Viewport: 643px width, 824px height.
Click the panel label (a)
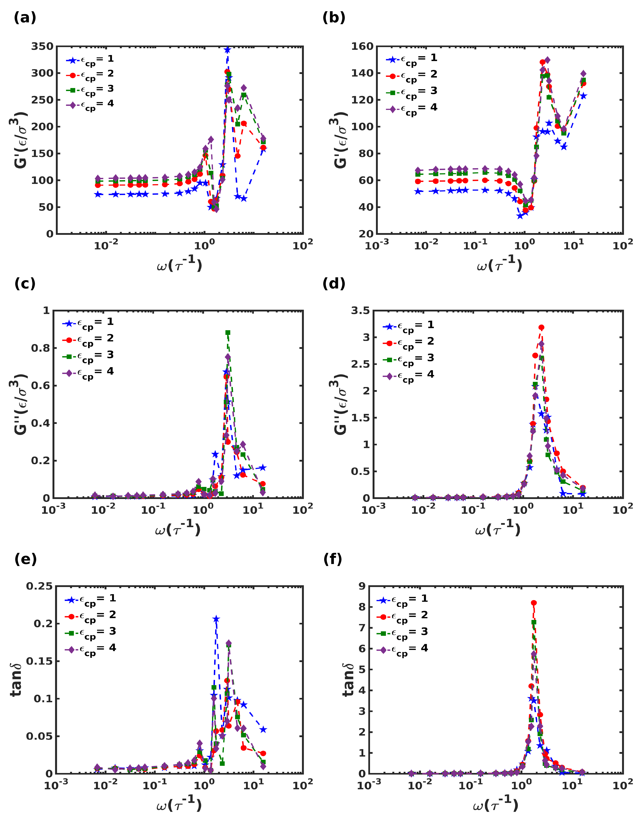[x=25, y=18]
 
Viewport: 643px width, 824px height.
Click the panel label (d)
[x=334, y=283]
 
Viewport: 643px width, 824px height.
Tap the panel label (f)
[x=333, y=559]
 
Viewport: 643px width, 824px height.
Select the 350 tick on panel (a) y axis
[x=42, y=46]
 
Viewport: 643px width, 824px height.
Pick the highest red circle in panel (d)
[x=541, y=327]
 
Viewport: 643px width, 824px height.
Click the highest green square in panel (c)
[x=228, y=333]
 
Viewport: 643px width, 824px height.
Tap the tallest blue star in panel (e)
[x=216, y=619]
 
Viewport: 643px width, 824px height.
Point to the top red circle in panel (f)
[x=534, y=603]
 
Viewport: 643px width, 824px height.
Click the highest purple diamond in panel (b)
[x=547, y=60]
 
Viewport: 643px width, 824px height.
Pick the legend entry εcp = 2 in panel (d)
[x=408, y=342]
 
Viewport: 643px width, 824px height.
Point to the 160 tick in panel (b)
[x=362, y=46]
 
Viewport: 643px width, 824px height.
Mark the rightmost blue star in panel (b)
[x=583, y=96]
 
